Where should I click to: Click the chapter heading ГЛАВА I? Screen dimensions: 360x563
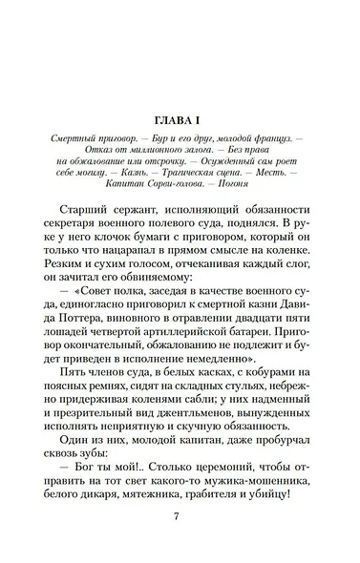(x=179, y=120)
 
